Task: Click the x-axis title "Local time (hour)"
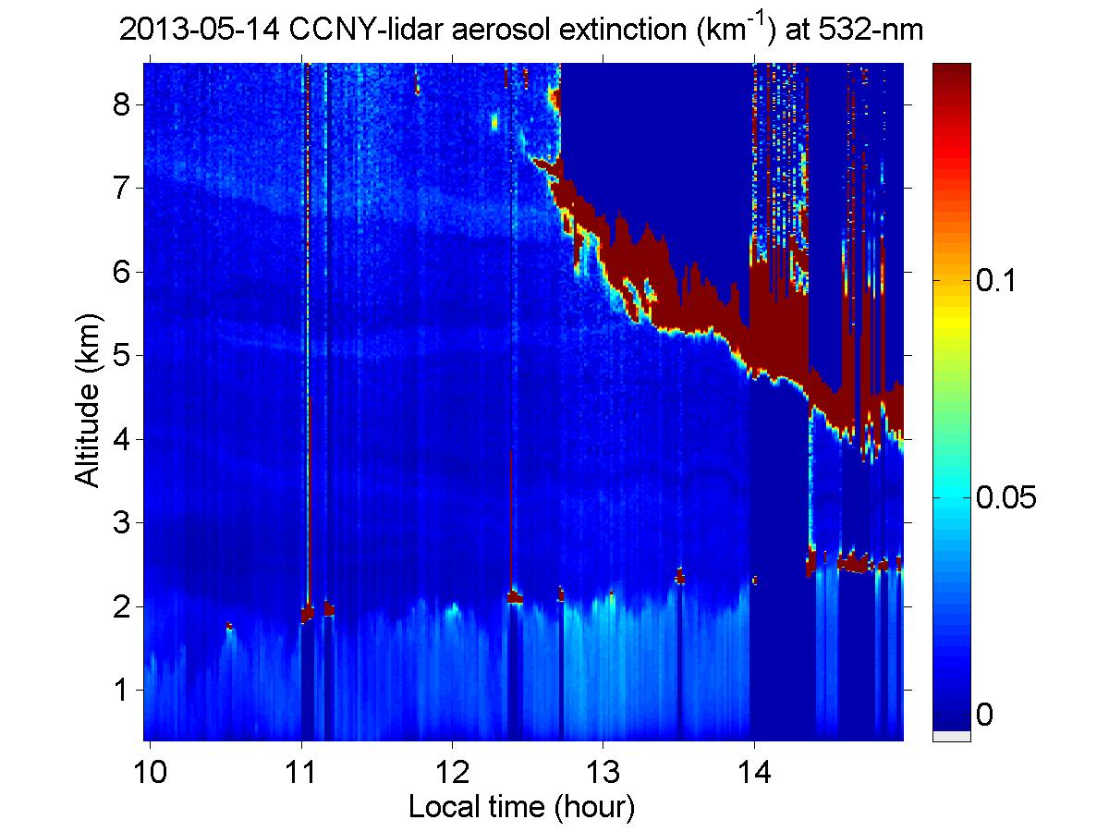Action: pos(521,807)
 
